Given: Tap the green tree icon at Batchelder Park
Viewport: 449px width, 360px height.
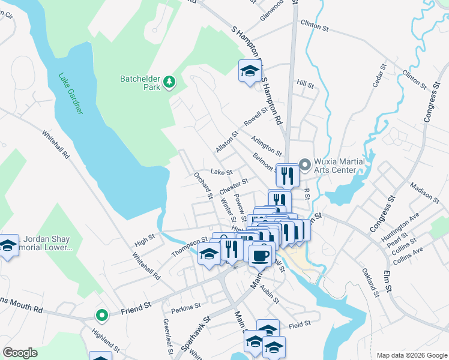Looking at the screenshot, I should click(x=170, y=82).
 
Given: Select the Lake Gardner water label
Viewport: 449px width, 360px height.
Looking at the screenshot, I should click(x=71, y=94).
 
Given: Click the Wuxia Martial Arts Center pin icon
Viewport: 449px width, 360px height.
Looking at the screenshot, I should click(x=304, y=164).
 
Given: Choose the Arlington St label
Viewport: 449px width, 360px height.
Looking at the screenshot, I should click(x=266, y=144).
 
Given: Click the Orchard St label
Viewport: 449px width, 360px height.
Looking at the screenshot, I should click(x=203, y=185).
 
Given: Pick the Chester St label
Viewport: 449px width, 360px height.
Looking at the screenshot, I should click(x=234, y=186).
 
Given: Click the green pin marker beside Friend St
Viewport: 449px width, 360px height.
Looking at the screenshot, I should click(x=102, y=314).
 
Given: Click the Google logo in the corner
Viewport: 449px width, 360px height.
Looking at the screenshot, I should click(x=20, y=353).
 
